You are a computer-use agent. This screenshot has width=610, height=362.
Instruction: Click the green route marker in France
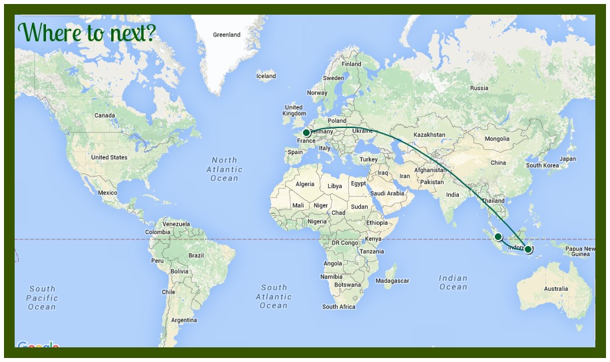click(306, 133)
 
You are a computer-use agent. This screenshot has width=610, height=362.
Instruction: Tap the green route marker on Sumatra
click(498, 237)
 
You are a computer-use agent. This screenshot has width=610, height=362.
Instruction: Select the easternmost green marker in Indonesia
click(528, 249)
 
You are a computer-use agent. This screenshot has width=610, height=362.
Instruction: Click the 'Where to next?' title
click(87, 32)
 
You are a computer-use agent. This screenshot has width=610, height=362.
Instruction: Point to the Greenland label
click(226, 35)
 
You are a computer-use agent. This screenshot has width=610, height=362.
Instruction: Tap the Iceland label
click(266, 76)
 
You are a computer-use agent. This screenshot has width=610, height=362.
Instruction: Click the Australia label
click(556, 289)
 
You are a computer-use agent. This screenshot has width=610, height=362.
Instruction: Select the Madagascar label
click(392, 281)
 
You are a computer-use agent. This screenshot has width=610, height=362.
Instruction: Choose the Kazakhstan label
click(430, 135)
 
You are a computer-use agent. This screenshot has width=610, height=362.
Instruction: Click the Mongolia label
click(497, 139)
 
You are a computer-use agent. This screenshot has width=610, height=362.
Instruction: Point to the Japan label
click(567, 159)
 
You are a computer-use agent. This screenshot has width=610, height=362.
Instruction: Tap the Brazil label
click(196, 255)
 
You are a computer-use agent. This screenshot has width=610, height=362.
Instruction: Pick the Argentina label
click(184, 320)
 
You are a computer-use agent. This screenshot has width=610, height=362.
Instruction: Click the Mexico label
click(107, 193)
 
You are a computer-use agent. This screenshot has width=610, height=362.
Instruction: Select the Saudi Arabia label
click(387, 193)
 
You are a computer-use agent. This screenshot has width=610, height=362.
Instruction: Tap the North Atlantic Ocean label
click(224, 169)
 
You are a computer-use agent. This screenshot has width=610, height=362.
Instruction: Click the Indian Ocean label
click(453, 282)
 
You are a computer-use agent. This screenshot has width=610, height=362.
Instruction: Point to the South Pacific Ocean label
click(42, 298)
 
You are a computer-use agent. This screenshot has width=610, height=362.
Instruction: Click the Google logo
click(38, 346)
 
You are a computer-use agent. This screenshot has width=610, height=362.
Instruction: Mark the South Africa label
click(339, 307)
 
